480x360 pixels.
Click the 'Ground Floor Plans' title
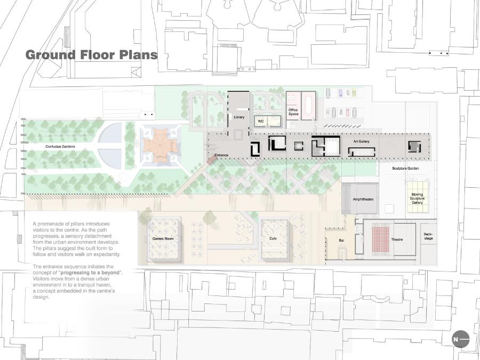coord(91,55)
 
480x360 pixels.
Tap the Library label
coord(239,117)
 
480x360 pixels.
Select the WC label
coord(260,121)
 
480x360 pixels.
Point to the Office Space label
coord(293,112)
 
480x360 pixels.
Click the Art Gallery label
coord(361,141)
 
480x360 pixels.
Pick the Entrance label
coord(221,155)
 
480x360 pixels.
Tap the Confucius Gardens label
coord(60,147)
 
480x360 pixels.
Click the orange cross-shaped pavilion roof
coord(161,146)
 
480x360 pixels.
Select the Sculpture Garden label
coord(405,169)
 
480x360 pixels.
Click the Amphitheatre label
coord(363,199)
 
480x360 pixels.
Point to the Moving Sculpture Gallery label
coord(417,198)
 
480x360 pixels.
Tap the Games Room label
coord(163,239)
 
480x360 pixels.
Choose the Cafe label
coord(273,238)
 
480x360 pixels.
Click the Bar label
coord(341,241)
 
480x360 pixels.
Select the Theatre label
coord(397,239)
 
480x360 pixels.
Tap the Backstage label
coord(428,236)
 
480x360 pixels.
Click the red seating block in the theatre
coord(380,239)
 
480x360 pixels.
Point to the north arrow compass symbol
coord(460,339)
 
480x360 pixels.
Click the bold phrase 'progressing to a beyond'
coord(90,273)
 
